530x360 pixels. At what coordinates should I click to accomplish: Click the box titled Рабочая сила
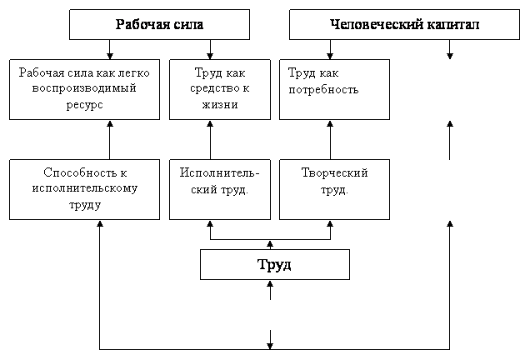click(159, 25)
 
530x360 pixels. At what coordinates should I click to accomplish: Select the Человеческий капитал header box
click(404, 25)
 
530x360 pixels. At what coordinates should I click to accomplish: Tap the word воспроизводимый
click(84, 88)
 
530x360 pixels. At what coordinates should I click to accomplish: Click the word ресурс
click(84, 105)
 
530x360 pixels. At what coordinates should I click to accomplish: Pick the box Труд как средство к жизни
click(220, 89)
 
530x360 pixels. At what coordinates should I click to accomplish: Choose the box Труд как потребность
click(334, 89)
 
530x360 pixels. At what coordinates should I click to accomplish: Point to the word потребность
click(323, 89)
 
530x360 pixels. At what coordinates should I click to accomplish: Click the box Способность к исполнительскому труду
click(84, 190)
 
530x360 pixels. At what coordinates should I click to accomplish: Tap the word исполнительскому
click(85, 188)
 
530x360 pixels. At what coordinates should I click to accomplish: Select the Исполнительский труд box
click(220, 190)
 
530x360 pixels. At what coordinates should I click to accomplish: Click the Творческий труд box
click(334, 190)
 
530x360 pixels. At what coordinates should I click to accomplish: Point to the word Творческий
click(334, 172)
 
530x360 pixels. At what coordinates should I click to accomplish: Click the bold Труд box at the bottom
click(275, 265)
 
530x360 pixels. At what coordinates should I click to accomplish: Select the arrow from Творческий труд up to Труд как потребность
click(330, 140)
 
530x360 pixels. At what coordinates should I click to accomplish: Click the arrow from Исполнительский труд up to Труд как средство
click(210, 140)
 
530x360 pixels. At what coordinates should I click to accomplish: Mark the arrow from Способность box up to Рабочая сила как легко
click(109, 140)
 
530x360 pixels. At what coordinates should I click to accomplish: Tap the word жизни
click(220, 105)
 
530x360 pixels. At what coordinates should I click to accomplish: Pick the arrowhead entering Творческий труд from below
click(330, 224)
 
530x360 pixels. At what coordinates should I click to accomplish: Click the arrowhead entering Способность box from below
click(100, 224)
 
